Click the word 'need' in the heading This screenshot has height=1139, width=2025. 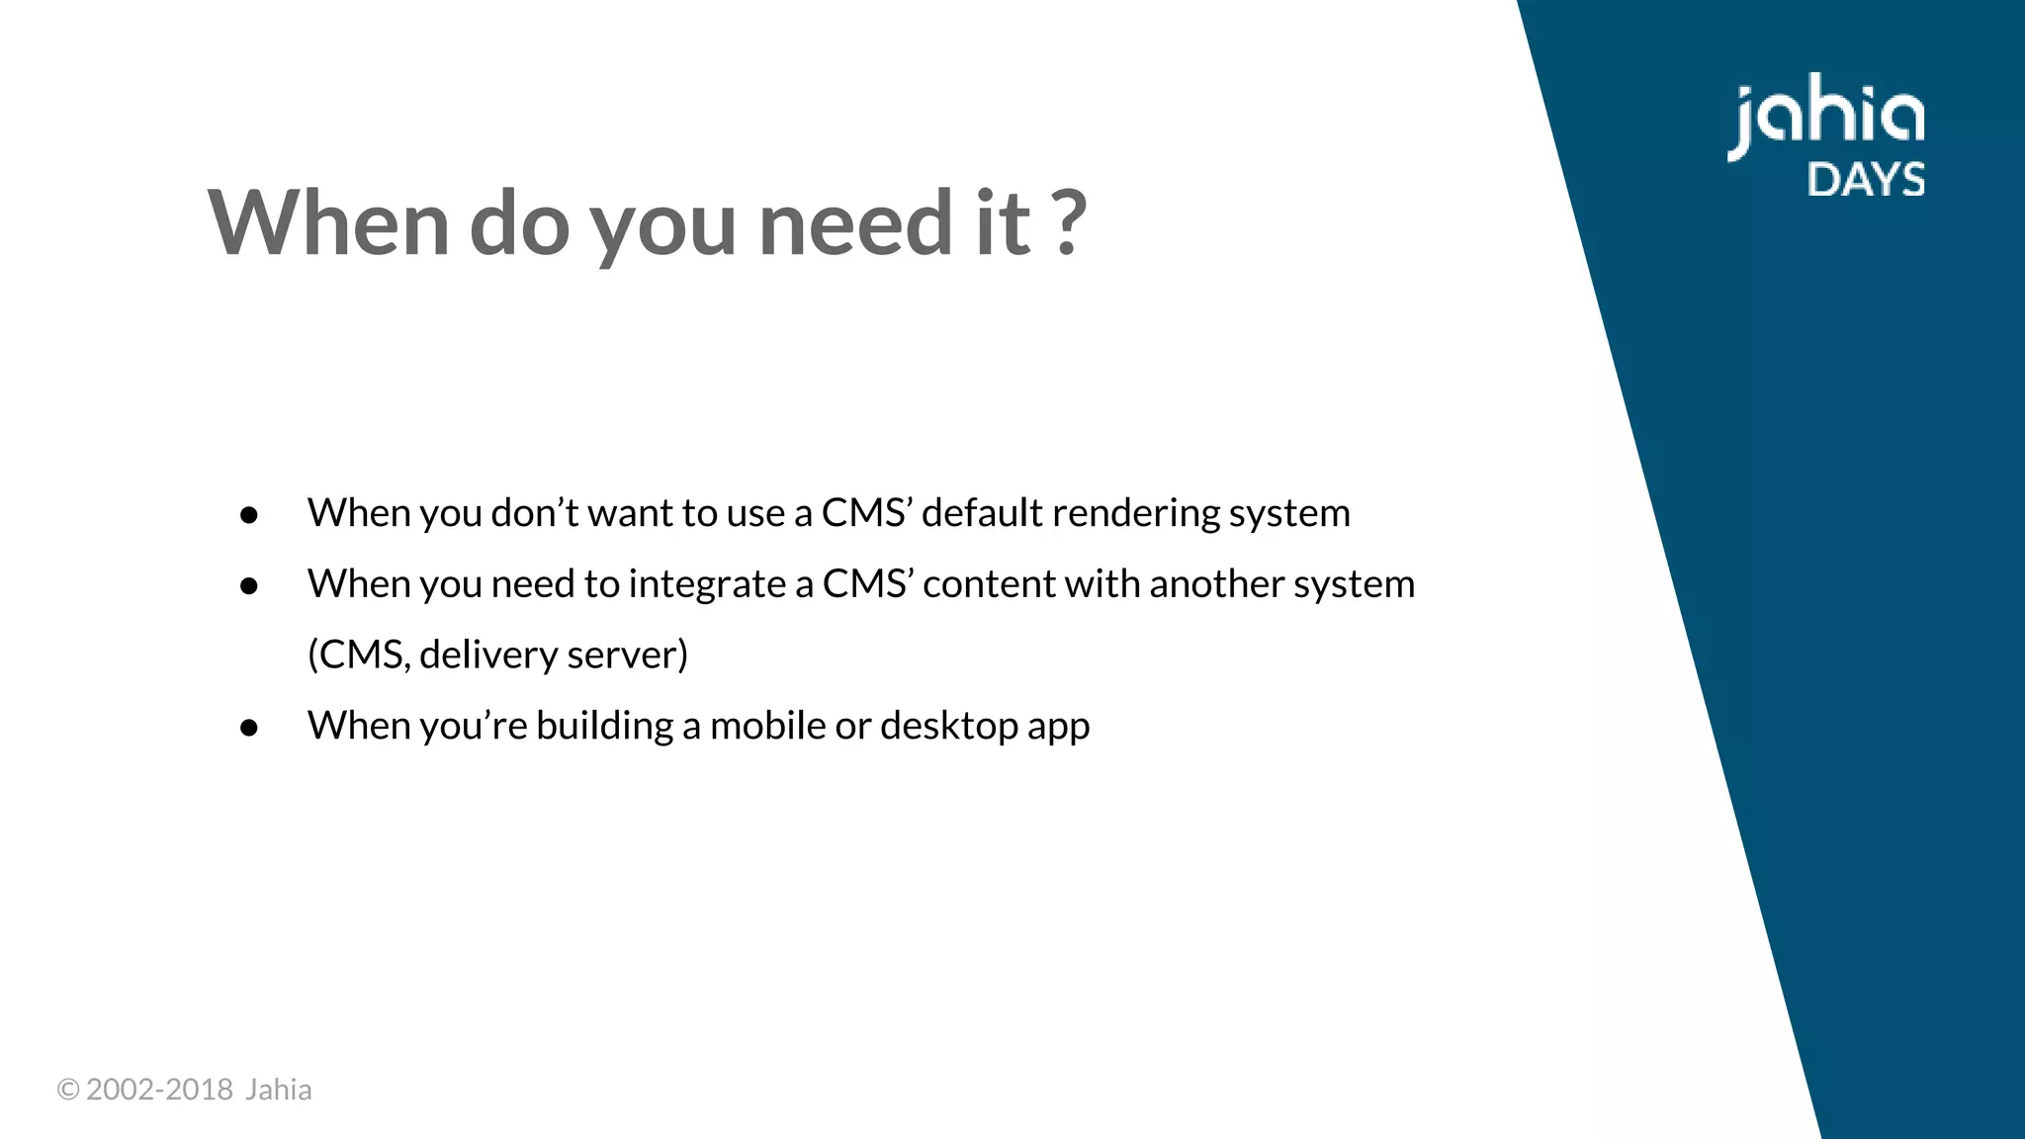(x=854, y=223)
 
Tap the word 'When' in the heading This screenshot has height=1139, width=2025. (x=328, y=223)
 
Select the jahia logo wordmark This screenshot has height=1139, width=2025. (x=1825, y=121)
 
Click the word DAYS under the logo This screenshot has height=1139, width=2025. (x=1866, y=180)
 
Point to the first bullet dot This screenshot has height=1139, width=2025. (x=249, y=515)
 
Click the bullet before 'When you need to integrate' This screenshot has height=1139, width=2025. (x=249, y=586)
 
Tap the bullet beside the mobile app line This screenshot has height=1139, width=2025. (x=249, y=729)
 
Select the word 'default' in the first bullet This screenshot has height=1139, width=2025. (x=982, y=513)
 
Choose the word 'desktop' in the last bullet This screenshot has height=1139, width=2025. (x=949, y=727)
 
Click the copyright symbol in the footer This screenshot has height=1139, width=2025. (x=68, y=1090)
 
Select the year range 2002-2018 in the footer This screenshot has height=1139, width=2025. (x=159, y=1090)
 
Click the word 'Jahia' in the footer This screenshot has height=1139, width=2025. (x=278, y=1090)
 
